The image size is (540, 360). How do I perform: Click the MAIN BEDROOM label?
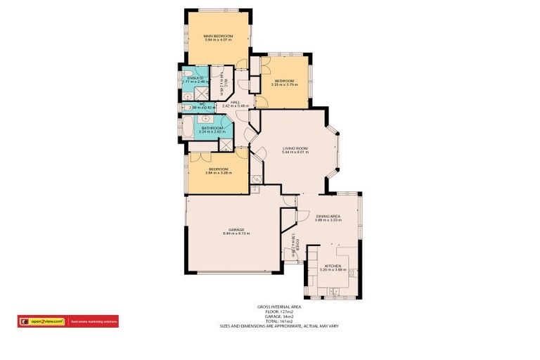tap(217, 34)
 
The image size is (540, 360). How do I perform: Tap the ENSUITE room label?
tap(191, 78)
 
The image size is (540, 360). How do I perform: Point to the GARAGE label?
tap(236, 229)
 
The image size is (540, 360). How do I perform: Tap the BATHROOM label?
tap(211, 128)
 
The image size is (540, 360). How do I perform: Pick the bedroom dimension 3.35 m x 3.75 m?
tap(286, 84)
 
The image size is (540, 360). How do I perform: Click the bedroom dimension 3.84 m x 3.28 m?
tap(218, 172)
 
